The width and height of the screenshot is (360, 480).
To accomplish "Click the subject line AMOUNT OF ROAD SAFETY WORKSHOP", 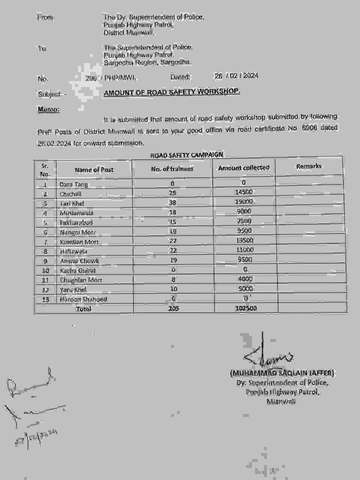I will point(172,92).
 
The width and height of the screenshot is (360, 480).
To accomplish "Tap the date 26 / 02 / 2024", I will point(236,76).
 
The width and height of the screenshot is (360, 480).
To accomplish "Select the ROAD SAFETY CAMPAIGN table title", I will point(186,154).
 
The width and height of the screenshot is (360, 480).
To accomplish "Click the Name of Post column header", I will point(94,169).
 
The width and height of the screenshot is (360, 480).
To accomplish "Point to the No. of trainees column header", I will point(172,169).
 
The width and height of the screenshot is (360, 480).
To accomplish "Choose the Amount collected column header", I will point(244,168).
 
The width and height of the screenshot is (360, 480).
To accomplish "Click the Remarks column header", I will point(309,166).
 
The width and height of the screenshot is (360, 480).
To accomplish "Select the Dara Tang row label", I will point(73,184).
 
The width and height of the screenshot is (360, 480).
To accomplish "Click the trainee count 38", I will point(172,202).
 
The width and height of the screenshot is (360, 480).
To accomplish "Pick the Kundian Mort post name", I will point(79,242).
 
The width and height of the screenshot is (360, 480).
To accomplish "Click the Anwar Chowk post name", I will point(79,261).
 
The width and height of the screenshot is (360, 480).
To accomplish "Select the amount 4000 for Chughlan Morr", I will point(245,279).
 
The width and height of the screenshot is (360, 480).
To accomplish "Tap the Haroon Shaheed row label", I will point(83,299).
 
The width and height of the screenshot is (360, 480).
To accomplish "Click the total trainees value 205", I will point(174,308).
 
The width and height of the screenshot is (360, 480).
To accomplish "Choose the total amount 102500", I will point(246,308).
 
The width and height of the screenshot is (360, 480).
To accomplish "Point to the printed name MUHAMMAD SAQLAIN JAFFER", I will point(282,373).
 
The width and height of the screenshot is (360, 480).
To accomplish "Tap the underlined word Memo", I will point(48,109).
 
